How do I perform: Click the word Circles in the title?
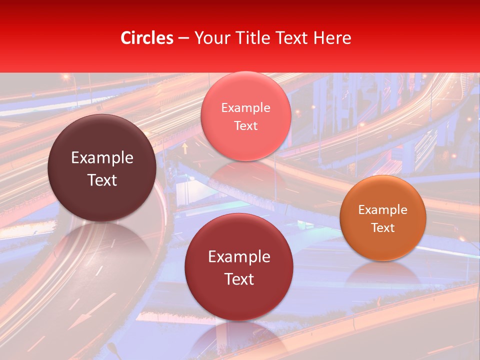[147, 38]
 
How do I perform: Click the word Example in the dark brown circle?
[102, 158]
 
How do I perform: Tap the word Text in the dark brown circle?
[102, 180]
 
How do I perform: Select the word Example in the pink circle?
[245, 107]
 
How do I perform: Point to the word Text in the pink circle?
[245, 125]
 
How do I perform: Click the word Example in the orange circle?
[383, 209]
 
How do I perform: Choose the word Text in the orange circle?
[383, 227]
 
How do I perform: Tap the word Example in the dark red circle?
[239, 256]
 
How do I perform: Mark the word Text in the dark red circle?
[239, 279]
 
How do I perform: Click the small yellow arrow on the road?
[185, 147]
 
